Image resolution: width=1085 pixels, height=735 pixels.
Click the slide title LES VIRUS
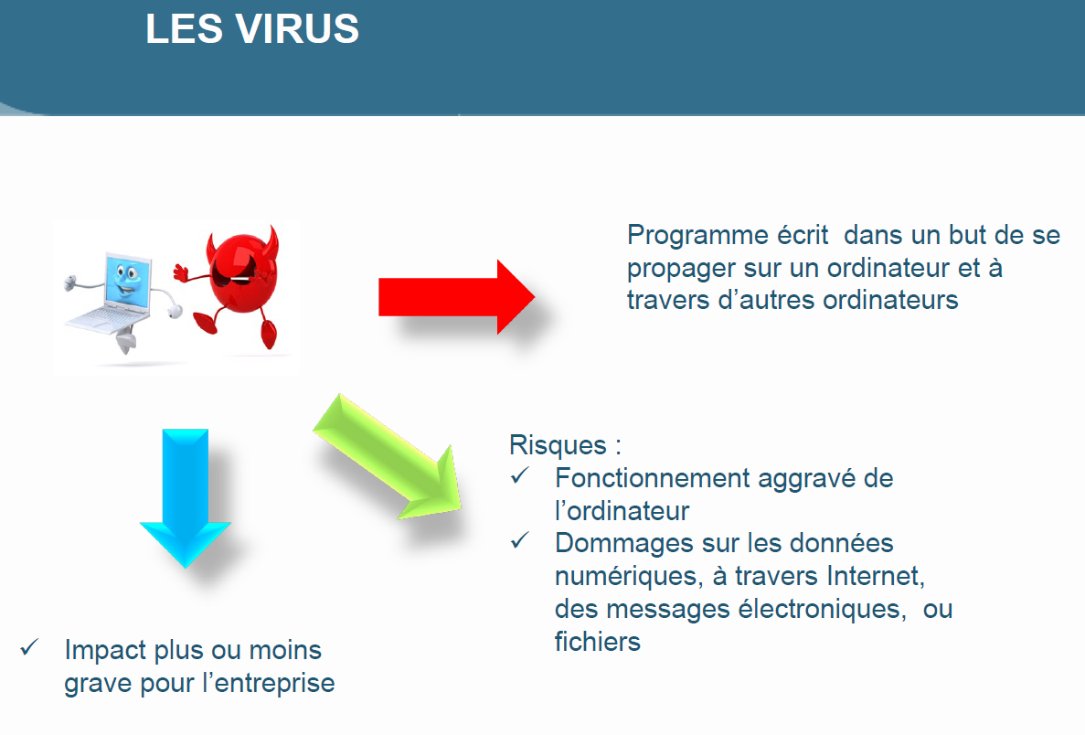[x=252, y=29]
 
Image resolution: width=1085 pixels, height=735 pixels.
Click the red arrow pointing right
[x=456, y=297]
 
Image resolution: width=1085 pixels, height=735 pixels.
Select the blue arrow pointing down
[x=185, y=498]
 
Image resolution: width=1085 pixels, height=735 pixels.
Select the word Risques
[x=558, y=445]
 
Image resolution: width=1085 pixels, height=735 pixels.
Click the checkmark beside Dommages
[x=520, y=540]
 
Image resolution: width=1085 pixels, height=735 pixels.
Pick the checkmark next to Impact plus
[x=29, y=647]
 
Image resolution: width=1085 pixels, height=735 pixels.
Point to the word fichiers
[x=598, y=642]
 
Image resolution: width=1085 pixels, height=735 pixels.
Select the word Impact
[x=105, y=651]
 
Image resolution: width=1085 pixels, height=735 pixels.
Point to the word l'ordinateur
[x=622, y=511]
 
